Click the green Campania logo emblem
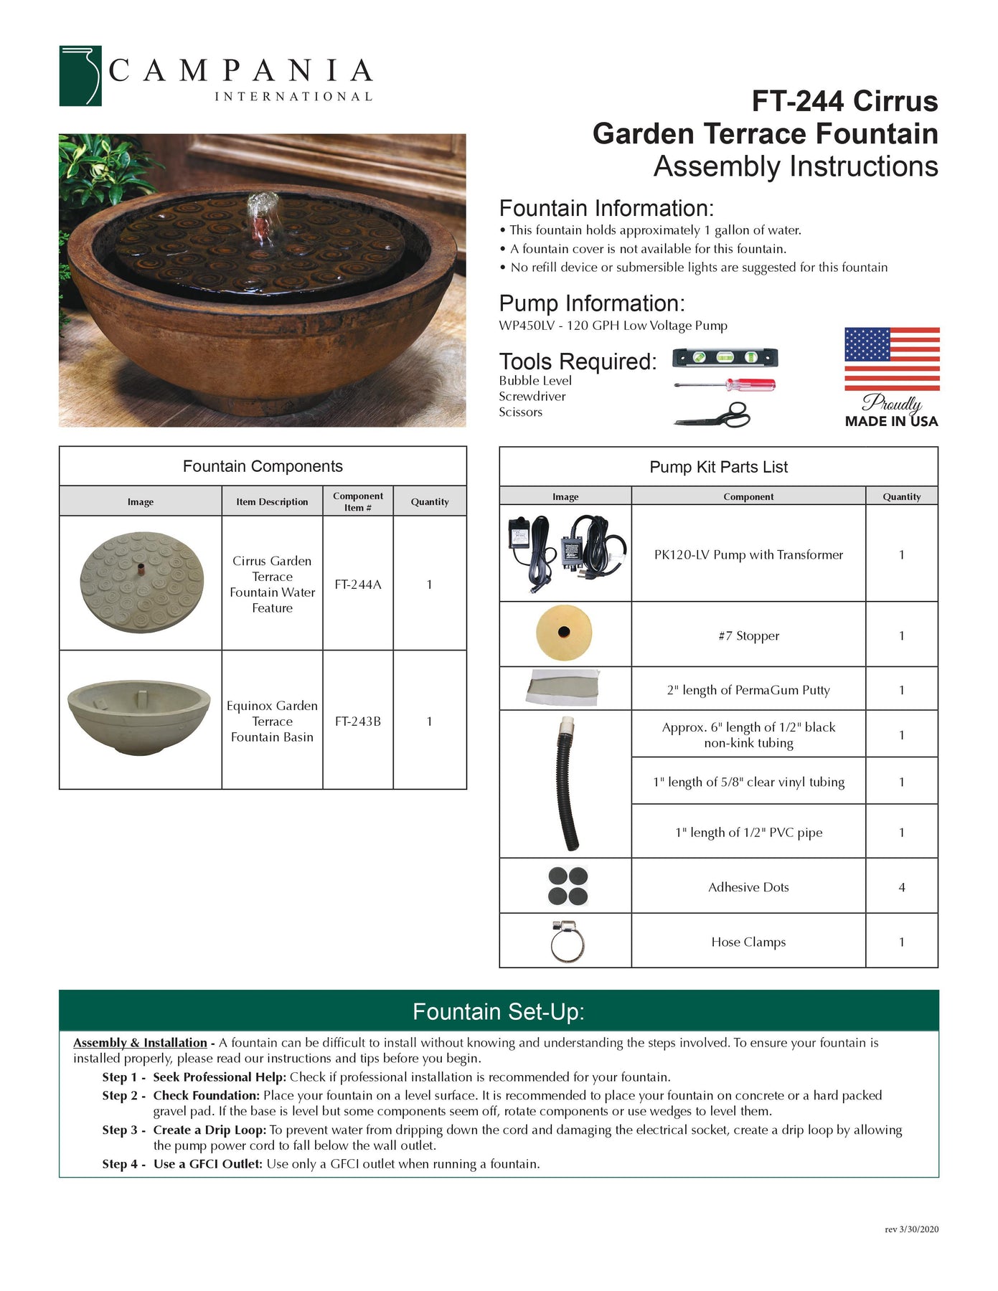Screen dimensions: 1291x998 [x=80, y=76]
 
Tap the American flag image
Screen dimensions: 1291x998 [x=891, y=359]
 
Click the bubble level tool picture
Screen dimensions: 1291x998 [x=725, y=357]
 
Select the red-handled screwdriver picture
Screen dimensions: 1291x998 [x=725, y=385]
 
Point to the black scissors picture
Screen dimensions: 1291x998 [x=712, y=415]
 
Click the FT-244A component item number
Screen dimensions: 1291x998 [x=358, y=585]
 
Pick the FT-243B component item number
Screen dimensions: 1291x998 [x=358, y=722]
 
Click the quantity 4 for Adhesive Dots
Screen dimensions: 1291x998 [x=901, y=887]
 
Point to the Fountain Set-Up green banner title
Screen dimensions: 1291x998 [x=499, y=1011]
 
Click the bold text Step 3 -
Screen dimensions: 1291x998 [x=123, y=1130]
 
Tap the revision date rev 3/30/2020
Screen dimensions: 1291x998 [x=911, y=1229]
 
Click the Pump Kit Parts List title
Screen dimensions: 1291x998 [x=718, y=467]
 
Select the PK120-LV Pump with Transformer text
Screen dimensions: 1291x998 [x=748, y=554]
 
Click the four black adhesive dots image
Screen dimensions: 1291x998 [x=568, y=886]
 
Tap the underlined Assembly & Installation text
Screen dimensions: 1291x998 [x=140, y=1043]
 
